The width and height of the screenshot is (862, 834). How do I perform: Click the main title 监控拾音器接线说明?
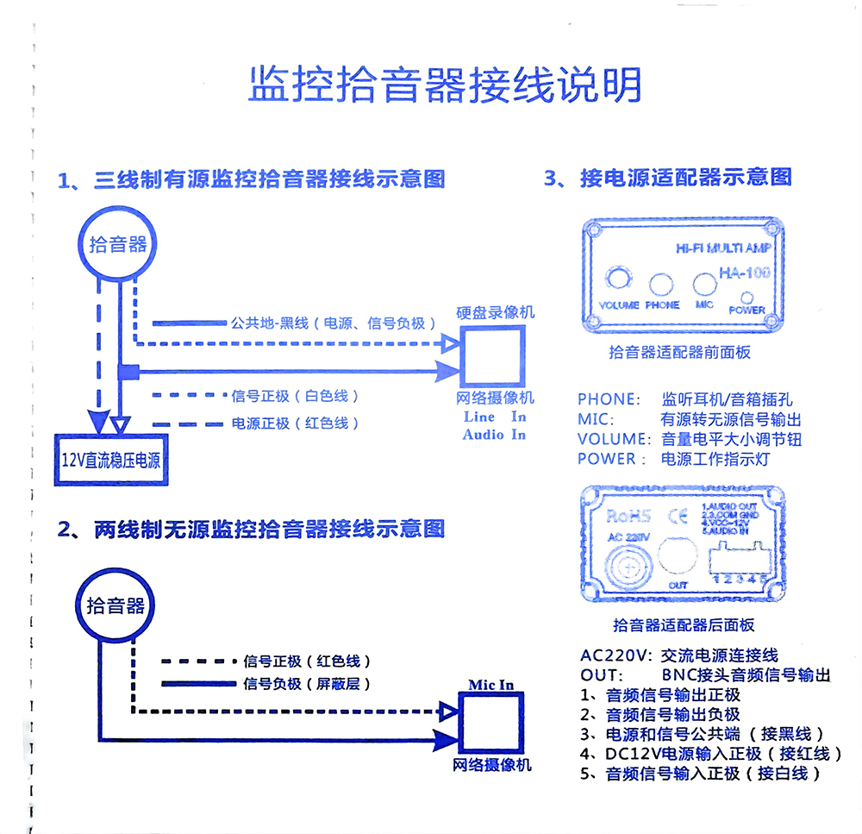pyautogui.click(x=445, y=85)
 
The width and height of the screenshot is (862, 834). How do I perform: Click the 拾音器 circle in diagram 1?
pyautogui.click(x=118, y=244)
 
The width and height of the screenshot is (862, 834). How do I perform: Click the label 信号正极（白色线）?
pyautogui.click(x=295, y=396)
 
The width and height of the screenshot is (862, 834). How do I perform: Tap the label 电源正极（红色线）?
pyautogui.click(x=295, y=423)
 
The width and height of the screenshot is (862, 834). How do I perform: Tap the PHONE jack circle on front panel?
pyautogui.click(x=662, y=284)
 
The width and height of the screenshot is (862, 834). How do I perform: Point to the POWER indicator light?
pyautogui.click(x=746, y=295)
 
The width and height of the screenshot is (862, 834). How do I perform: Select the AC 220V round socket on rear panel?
pyautogui.click(x=627, y=566)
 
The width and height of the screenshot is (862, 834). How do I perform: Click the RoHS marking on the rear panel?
pyautogui.click(x=627, y=517)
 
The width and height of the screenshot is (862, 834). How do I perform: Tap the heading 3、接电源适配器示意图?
pyautogui.click(x=667, y=178)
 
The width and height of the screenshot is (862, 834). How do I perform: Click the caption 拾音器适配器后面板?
pyautogui.click(x=683, y=624)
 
